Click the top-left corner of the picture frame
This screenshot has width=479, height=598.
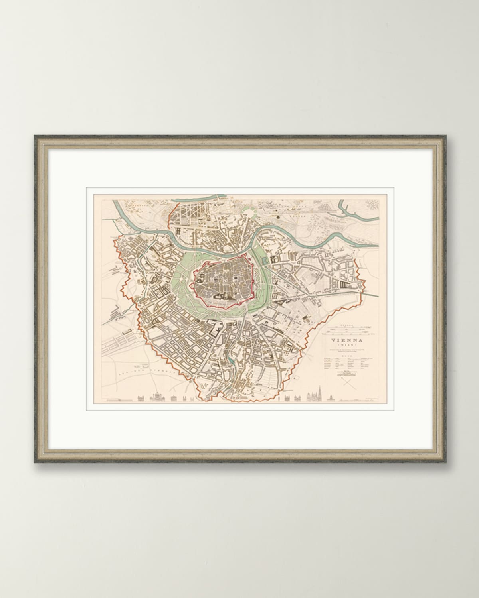[x=35, y=136]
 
